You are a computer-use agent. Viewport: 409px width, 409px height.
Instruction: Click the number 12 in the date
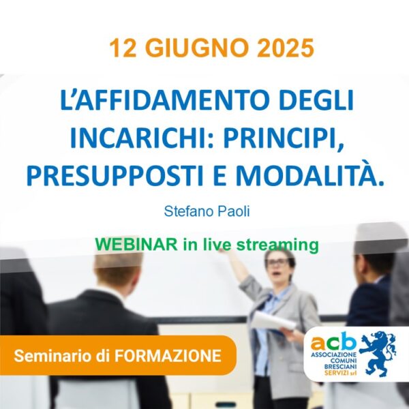click(123, 48)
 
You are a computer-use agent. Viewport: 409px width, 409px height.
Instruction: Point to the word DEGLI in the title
click(316, 100)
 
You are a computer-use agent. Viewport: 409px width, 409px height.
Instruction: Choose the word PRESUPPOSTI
click(115, 176)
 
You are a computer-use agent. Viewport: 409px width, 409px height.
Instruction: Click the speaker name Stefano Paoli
click(207, 211)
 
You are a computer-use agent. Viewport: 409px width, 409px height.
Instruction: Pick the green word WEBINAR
click(136, 245)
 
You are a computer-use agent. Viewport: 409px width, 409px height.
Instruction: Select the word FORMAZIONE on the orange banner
click(168, 356)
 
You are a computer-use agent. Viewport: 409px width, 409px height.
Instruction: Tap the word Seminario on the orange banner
click(53, 356)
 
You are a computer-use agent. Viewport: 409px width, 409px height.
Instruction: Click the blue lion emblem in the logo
click(378, 354)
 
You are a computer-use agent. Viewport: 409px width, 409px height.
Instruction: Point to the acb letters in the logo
click(333, 342)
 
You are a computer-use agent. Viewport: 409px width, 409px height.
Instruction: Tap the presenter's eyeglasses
click(278, 262)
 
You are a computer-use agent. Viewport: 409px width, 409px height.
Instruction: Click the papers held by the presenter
click(274, 322)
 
